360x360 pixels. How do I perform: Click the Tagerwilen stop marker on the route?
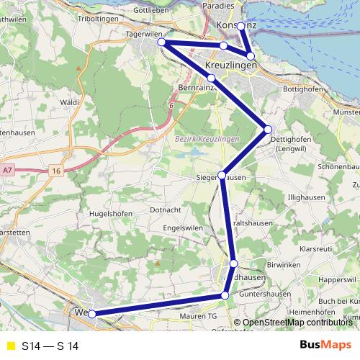[x=163, y=43]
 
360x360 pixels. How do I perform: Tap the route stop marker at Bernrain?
[x=211, y=78]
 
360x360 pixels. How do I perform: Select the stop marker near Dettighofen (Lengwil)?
[x=268, y=130]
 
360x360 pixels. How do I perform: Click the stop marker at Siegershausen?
[x=222, y=175]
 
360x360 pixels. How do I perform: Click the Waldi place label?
[x=70, y=103]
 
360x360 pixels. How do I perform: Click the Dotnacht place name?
[x=166, y=210]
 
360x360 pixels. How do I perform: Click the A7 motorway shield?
[x=8, y=170]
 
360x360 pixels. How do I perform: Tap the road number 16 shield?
[x=56, y=171]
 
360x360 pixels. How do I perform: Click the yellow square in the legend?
[x=10, y=346]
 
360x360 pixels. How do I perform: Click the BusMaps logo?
[x=325, y=346]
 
